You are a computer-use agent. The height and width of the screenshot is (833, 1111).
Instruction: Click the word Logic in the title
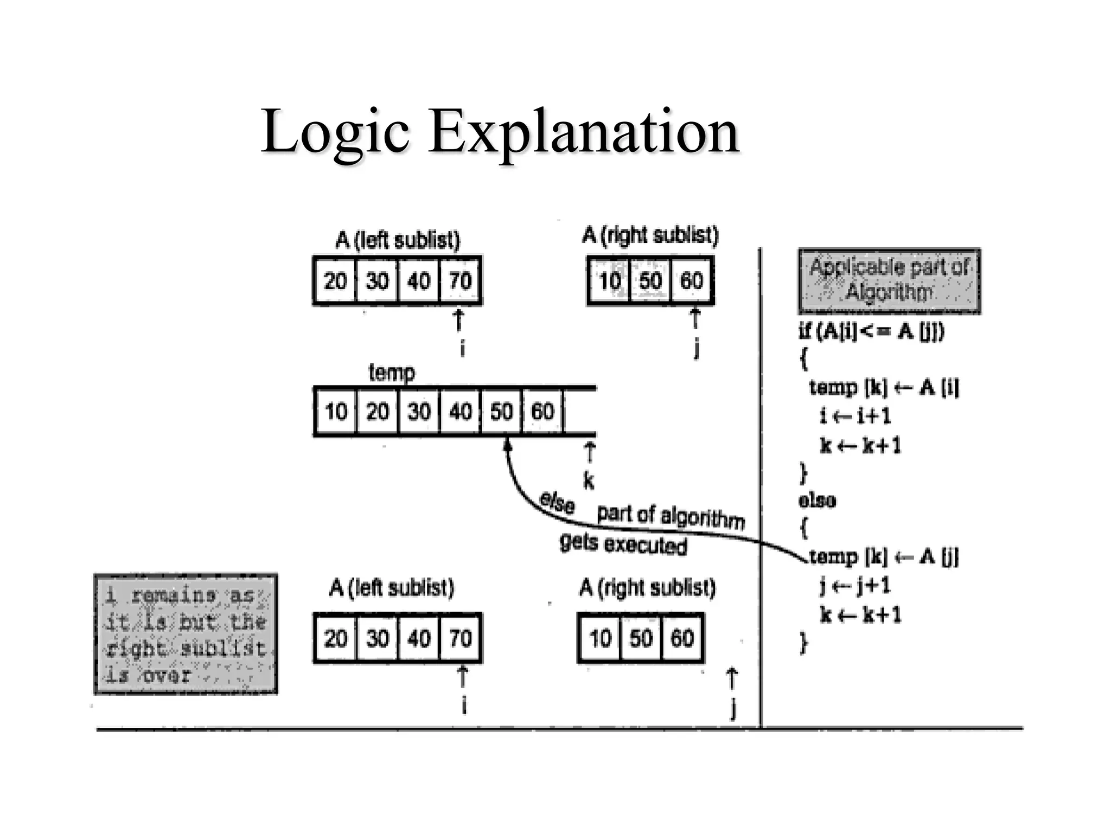click(335, 132)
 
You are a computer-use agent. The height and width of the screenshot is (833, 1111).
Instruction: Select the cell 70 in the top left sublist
click(460, 281)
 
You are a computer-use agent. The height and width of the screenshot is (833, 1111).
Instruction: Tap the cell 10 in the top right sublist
click(609, 281)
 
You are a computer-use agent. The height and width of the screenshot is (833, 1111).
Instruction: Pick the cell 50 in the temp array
click(501, 412)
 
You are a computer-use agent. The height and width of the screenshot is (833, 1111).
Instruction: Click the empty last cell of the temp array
click(579, 412)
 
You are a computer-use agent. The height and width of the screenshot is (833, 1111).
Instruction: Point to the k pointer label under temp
click(589, 480)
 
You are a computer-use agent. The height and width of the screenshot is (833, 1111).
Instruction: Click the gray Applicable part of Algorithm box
click(889, 281)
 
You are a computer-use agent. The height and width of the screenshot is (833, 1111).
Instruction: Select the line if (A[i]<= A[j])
click(871, 331)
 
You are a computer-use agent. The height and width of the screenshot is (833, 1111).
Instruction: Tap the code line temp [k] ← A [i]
click(884, 387)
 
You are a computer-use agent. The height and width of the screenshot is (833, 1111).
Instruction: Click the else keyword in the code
click(817, 500)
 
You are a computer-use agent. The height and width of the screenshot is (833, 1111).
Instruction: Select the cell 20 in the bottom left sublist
click(335, 638)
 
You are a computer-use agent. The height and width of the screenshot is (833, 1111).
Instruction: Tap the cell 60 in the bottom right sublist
click(682, 638)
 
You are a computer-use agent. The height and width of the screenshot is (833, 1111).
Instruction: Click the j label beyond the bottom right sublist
click(733, 708)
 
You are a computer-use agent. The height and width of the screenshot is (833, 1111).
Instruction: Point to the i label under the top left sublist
click(462, 348)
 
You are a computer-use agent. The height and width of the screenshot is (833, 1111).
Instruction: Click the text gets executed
click(623, 544)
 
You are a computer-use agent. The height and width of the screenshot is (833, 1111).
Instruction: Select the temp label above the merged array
click(391, 373)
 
